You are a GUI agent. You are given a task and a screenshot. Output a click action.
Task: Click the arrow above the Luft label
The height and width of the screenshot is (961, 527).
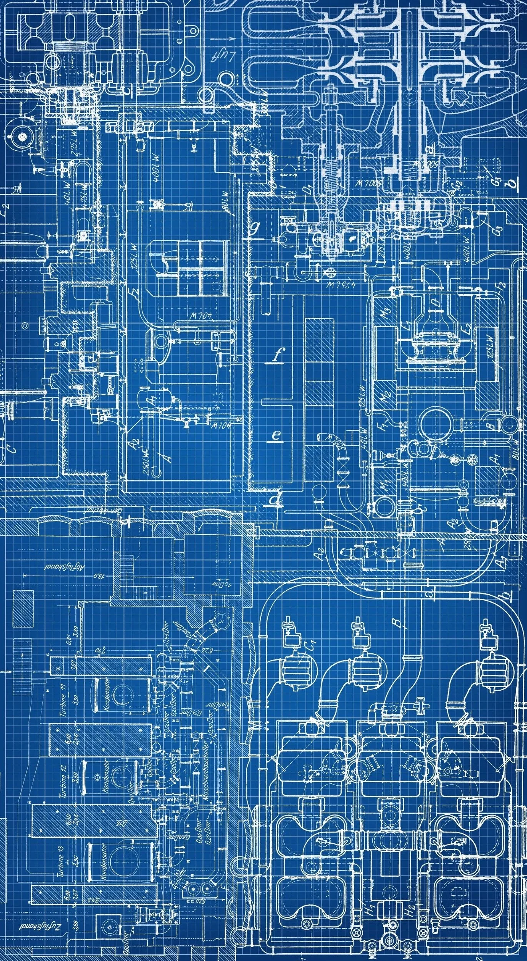click(x=228, y=39)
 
